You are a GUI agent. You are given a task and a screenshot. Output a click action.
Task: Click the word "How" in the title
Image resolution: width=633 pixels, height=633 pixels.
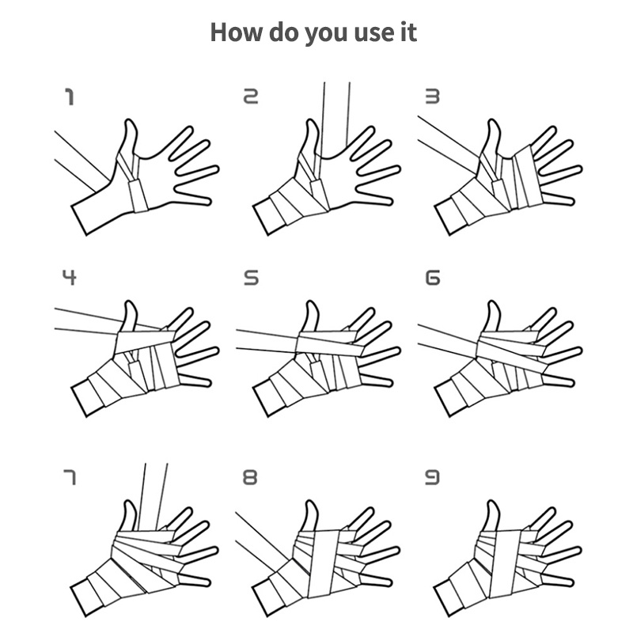point(236,32)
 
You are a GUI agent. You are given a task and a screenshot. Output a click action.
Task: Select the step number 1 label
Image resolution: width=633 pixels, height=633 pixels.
point(70,97)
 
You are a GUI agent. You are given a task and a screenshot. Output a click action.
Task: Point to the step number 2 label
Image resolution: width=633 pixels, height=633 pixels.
point(251,97)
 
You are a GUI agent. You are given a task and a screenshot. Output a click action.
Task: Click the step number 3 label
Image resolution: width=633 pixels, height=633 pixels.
point(432,97)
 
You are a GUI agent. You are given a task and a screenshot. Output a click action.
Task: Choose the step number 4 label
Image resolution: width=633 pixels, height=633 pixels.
point(70,278)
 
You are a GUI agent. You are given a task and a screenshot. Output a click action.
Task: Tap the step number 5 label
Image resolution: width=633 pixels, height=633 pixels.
point(252,278)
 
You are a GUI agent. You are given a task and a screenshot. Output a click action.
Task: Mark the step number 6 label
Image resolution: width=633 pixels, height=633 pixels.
point(433,278)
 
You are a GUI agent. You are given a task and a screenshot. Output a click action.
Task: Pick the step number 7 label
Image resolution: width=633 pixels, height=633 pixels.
point(70,477)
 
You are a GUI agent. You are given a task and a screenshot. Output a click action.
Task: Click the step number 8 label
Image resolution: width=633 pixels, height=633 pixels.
point(250,477)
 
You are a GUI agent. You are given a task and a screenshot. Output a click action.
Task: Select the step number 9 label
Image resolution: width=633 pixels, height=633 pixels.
point(432,477)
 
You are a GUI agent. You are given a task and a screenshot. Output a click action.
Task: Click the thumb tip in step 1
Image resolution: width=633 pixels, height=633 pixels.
point(129,121)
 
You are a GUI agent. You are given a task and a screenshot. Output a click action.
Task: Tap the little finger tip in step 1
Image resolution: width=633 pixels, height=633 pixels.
point(207,201)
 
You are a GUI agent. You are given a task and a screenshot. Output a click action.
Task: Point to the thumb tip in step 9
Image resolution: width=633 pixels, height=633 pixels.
point(491,502)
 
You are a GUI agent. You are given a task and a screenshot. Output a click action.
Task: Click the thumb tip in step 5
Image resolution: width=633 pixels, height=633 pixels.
point(311,303)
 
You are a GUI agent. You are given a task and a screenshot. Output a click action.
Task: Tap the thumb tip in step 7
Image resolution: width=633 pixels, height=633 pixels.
point(129,502)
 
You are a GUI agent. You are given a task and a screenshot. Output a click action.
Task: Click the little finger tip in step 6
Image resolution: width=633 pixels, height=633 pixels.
point(570,382)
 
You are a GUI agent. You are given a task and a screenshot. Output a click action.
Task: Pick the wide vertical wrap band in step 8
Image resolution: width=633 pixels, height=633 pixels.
point(324,564)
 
